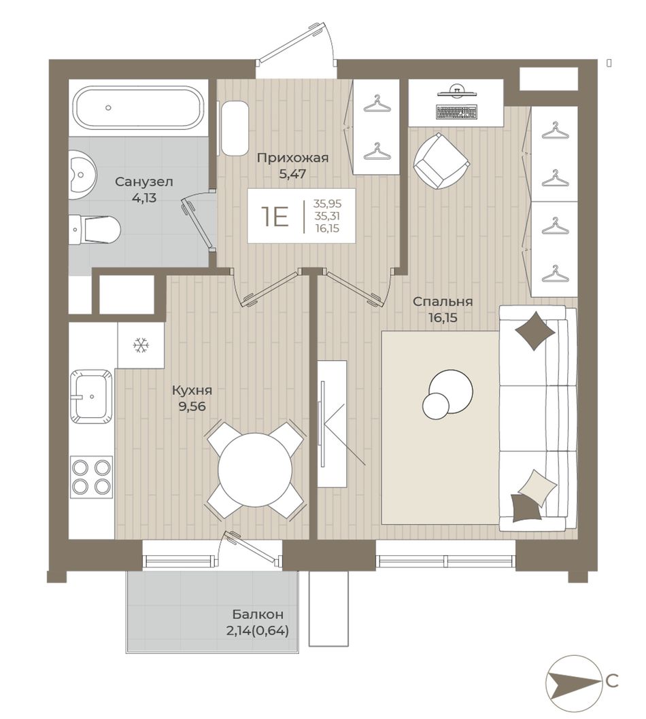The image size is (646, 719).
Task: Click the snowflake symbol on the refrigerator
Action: [x=140, y=345]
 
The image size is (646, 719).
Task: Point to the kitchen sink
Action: [x=91, y=396]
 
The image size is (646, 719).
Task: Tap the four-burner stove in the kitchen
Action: [x=91, y=477]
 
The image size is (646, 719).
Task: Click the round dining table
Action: [x=255, y=470]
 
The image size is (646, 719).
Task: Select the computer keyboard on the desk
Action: [x=457, y=112]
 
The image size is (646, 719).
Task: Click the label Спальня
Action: [x=442, y=302]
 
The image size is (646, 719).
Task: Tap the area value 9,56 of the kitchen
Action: [x=192, y=406]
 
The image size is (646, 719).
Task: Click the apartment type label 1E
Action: [x=275, y=216]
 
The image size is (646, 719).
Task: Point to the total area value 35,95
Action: [x=327, y=203]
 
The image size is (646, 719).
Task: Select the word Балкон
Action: [x=258, y=614]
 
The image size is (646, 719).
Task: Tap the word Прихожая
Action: [x=292, y=158]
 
